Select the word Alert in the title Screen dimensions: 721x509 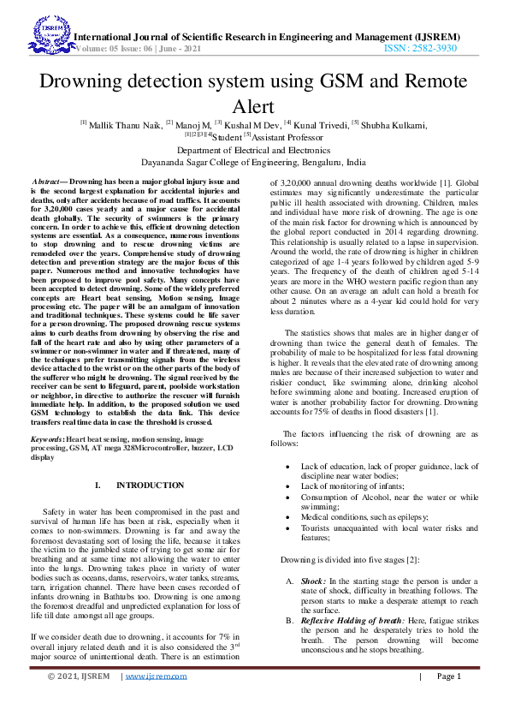[x=254, y=106]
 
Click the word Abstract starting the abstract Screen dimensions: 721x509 [x=48, y=183]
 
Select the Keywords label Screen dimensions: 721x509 [x=51, y=438]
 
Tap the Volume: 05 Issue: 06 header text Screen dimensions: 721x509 [x=141, y=50]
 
